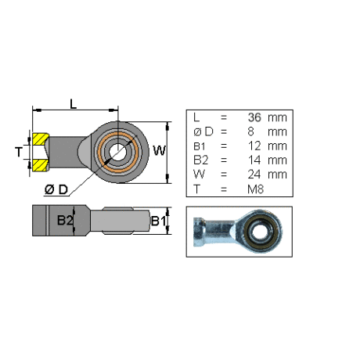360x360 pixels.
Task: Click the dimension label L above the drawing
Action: [x=74, y=104]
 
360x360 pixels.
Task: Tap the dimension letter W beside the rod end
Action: [x=160, y=150]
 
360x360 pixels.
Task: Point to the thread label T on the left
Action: [x=19, y=152]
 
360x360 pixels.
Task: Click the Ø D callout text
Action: [x=56, y=189]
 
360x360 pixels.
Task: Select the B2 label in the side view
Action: [x=65, y=220]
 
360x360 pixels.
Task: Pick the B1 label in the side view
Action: [x=158, y=221]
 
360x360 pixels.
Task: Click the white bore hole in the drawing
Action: [x=117, y=152]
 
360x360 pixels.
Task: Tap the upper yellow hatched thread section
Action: [x=40, y=139]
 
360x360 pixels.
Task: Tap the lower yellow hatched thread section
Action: [x=40, y=165]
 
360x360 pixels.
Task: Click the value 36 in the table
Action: [x=254, y=117]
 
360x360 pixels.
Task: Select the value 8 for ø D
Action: [x=250, y=131]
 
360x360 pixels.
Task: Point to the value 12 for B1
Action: [x=254, y=146]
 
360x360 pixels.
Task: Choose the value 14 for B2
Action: [x=254, y=160]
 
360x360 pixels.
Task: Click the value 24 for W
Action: [x=254, y=175]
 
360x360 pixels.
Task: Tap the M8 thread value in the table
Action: [x=256, y=189]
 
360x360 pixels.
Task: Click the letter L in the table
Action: [x=196, y=117]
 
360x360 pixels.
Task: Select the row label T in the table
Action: [x=197, y=189]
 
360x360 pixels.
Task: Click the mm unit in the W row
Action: [x=277, y=175]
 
